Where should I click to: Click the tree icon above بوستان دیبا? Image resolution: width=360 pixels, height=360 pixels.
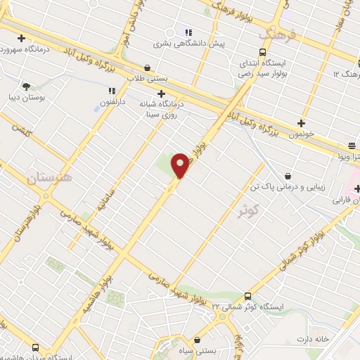27,86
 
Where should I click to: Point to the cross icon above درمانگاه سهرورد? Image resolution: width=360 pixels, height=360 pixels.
21,39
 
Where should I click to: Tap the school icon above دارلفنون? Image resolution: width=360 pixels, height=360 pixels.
111,91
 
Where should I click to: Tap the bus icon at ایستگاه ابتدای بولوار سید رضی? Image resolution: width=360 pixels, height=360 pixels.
262,53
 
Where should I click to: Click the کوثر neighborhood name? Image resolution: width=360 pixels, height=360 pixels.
248,209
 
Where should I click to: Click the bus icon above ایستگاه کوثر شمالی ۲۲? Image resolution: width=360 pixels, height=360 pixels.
247,296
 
